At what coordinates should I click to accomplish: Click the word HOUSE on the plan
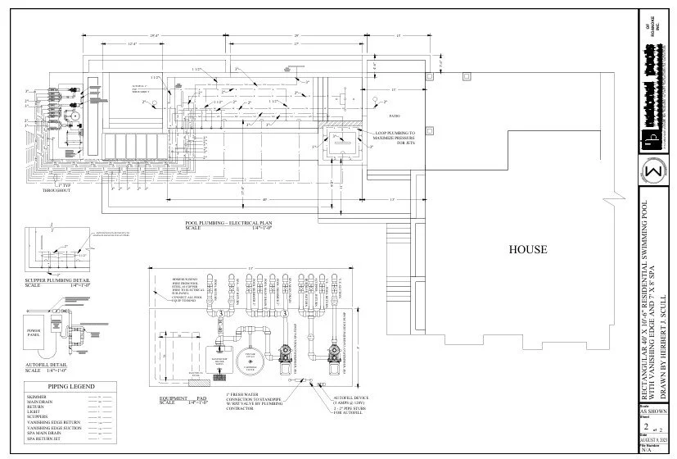click(x=527, y=249)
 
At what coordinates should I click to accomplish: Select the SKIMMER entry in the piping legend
click(x=38, y=397)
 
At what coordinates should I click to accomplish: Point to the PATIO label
click(x=394, y=117)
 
